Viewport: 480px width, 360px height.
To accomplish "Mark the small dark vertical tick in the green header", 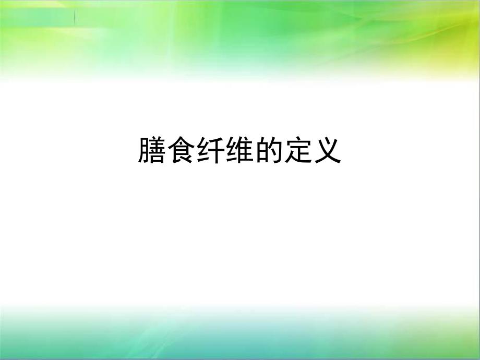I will (x=75, y=17).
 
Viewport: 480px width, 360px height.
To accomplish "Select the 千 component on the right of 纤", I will (x=216, y=150).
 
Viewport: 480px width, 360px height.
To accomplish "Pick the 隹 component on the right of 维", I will (x=245, y=150).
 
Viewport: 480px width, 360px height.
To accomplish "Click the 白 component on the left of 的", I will (x=261, y=151).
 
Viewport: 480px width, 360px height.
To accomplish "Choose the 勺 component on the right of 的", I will (x=275, y=150).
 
